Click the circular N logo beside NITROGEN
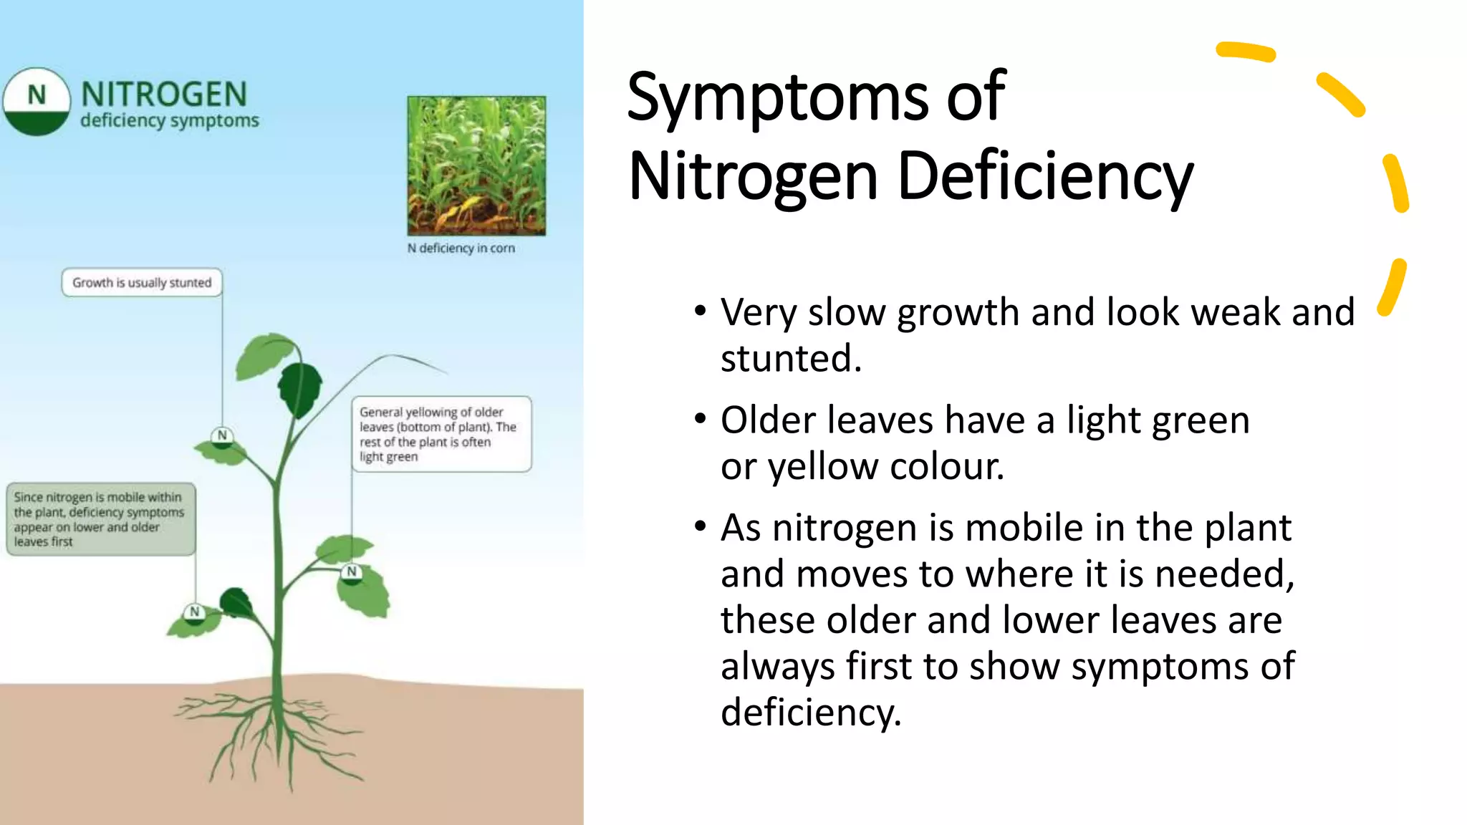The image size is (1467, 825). click(x=36, y=101)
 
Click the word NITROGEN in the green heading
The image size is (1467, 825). click(x=164, y=94)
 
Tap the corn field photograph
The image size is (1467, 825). click(x=476, y=165)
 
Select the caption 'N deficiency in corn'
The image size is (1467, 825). click(x=461, y=248)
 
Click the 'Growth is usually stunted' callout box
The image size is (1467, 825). click(x=142, y=282)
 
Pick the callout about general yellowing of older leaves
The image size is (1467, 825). click(x=441, y=434)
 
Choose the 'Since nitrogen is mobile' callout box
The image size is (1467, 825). click(x=100, y=519)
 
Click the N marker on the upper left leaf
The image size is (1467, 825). click(x=222, y=435)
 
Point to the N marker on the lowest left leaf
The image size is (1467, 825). click(x=194, y=612)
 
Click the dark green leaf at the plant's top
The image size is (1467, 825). click(x=300, y=387)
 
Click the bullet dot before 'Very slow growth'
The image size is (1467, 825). click(x=700, y=312)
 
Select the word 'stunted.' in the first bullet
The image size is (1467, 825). click(x=791, y=358)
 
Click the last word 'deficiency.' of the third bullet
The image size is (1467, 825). click(x=810, y=712)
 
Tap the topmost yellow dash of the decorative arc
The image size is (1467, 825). click(x=1246, y=52)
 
